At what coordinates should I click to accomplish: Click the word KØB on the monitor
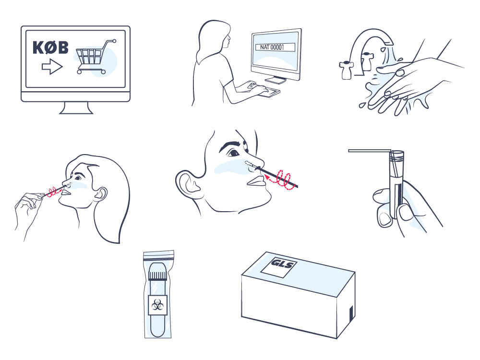coord(50,48)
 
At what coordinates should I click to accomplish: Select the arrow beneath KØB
coord(52,67)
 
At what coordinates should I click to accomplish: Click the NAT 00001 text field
coord(275,47)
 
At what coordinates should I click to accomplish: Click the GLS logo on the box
coord(282,263)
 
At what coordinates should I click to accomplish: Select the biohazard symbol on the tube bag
coord(157,305)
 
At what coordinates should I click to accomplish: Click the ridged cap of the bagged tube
coord(157,276)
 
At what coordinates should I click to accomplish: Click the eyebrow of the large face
coord(230,144)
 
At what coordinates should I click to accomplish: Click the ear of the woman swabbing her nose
coord(100,194)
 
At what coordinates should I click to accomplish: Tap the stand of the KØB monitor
coord(76,108)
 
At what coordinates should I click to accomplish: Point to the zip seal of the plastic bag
coord(158,256)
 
